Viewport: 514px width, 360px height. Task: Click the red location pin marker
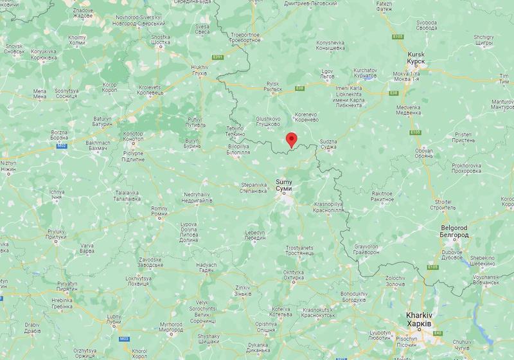[x=292, y=139]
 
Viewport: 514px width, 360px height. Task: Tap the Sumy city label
[x=283, y=185]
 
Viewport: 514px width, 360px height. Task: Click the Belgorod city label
[x=454, y=231]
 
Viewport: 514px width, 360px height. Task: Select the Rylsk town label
[x=273, y=87]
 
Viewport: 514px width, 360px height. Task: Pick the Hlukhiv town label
[x=200, y=69]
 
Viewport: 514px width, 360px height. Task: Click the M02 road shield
[x=62, y=147]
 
